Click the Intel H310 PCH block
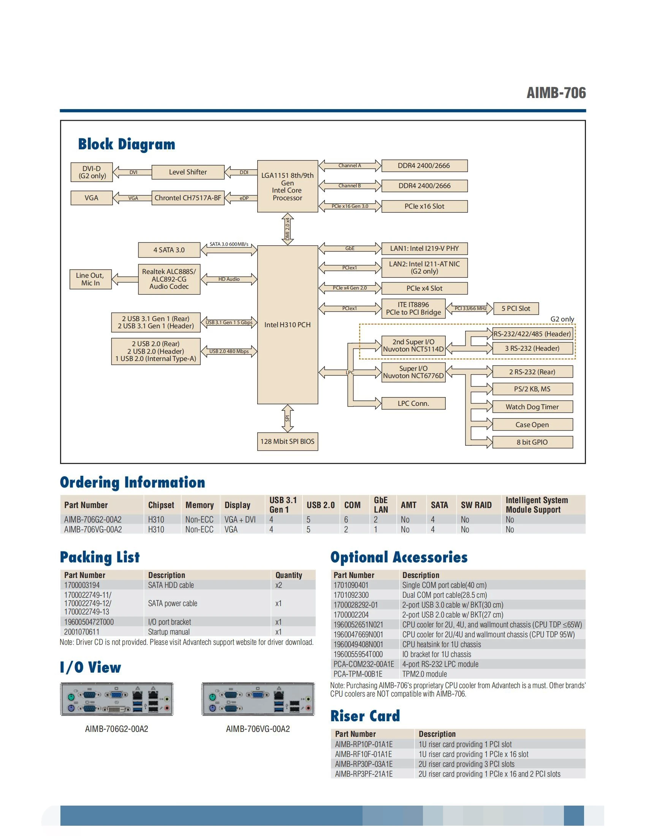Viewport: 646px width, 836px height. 287,325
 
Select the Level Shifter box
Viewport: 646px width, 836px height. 187,172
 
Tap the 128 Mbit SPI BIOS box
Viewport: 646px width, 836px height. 287,441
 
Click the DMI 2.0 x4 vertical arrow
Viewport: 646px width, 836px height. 287,229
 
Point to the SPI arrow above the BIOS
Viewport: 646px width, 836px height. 287,418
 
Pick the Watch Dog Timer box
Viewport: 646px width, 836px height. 532,407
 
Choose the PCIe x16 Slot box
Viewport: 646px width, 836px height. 424,206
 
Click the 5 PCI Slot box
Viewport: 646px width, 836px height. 516,309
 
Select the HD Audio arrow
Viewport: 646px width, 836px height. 229,279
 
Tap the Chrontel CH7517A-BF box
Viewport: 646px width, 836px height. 187,198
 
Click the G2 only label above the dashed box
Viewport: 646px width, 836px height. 562,319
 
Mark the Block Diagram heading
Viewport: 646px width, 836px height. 127,144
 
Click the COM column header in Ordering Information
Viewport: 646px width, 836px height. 352,505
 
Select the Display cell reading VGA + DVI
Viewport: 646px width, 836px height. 240,519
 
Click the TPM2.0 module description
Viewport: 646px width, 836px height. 424,674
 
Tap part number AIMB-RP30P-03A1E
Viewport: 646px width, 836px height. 364,764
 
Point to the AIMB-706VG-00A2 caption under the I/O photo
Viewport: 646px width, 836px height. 258,729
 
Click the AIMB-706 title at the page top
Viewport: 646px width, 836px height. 556,93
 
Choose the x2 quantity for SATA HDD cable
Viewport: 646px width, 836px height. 279,585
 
